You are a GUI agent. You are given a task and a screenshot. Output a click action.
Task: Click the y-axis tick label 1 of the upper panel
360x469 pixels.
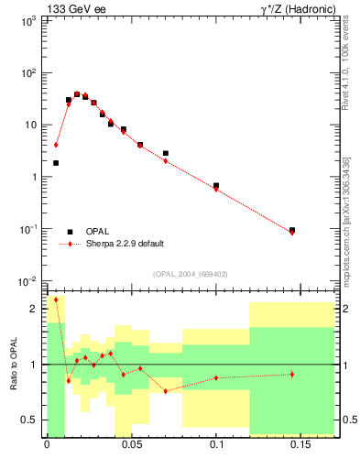pyautogui.click(x=34, y=177)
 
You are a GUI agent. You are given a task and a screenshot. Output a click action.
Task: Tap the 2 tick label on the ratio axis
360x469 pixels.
pyautogui.click(x=34, y=309)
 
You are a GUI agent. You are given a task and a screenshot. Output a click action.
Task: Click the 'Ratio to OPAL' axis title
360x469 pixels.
pyautogui.click(x=13, y=365)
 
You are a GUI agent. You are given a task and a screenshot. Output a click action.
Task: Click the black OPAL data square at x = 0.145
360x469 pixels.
pyautogui.click(x=292, y=230)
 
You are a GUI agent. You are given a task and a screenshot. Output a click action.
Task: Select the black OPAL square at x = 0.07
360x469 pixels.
pyautogui.click(x=166, y=153)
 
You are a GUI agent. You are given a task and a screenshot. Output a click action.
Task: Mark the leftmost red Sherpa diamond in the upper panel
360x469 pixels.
pyautogui.click(x=56, y=145)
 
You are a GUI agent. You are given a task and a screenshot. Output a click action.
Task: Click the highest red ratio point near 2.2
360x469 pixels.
pyautogui.click(x=56, y=300)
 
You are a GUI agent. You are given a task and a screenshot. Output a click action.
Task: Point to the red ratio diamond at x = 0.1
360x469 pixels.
pyautogui.click(x=216, y=377)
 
